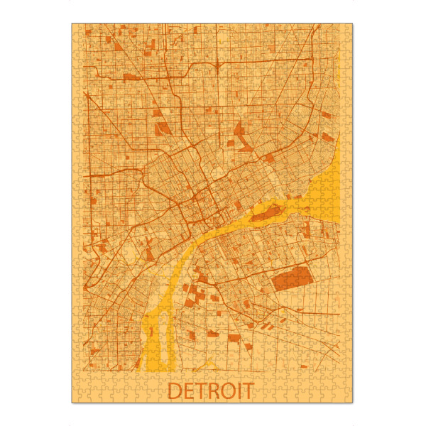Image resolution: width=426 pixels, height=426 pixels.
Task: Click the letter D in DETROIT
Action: (x=175, y=390)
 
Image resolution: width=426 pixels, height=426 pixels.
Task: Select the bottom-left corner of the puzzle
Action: (x=72, y=403)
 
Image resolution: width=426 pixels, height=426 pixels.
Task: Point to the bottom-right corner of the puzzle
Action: (x=354, y=403)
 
